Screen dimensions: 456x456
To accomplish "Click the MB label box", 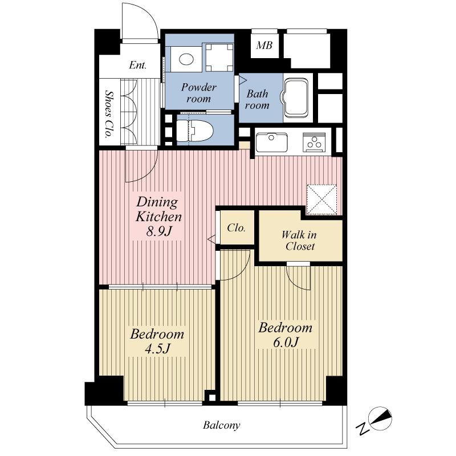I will [264, 46].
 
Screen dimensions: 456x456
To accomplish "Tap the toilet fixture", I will [193, 130].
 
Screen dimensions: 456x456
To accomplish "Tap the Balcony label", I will [221, 425].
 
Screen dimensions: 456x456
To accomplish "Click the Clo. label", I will [236, 228].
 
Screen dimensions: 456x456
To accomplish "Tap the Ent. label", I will [137, 65].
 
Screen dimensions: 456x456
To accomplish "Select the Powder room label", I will [199, 92].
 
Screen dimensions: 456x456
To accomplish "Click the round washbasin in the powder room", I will [186, 58].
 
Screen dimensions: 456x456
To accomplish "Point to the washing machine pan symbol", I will [219, 57].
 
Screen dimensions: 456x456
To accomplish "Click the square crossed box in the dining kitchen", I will [323, 199].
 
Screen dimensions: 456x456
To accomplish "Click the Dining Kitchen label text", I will [157, 209].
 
